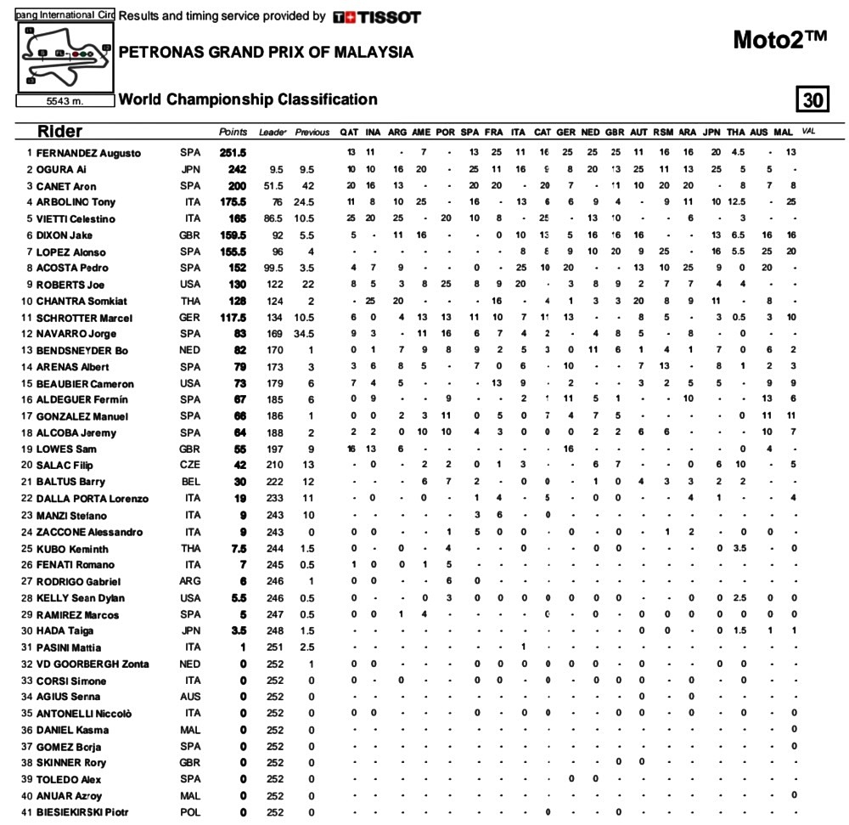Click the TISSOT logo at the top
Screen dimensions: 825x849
pyautogui.click(x=377, y=17)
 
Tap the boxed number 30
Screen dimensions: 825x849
pyautogui.click(x=812, y=100)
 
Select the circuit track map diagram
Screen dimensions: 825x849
pyautogui.click(x=65, y=55)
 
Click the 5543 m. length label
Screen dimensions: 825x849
pyautogui.click(x=65, y=100)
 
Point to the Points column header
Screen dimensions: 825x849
pyautogui.click(x=233, y=133)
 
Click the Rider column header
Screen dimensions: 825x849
pyautogui.click(x=59, y=132)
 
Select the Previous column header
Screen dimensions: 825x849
pyautogui.click(x=312, y=133)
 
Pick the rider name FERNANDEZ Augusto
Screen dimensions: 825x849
pyautogui.click(x=89, y=153)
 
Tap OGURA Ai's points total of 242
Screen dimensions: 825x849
pyautogui.click(x=235, y=169)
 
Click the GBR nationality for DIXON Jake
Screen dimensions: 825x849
pyautogui.click(x=190, y=235)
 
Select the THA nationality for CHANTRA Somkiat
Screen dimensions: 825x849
pyautogui.click(x=191, y=302)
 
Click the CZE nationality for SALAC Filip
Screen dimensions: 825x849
pyautogui.click(x=191, y=466)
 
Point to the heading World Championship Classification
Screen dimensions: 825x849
pyautogui.click(x=248, y=99)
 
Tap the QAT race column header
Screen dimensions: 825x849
pyautogui.click(x=348, y=133)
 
